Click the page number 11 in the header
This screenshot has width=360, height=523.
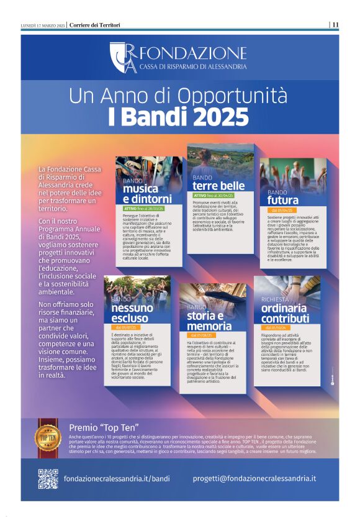click(x=335, y=25)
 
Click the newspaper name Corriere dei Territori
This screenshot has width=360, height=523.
click(x=95, y=25)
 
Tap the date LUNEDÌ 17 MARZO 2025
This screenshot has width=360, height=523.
click(x=43, y=25)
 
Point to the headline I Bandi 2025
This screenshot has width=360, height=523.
click(x=179, y=116)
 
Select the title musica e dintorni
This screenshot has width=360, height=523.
click(x=145, y=194)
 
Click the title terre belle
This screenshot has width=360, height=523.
click(x=218, y=186)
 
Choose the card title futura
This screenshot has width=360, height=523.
click(x=283, y=200)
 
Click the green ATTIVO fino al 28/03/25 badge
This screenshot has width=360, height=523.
click(x=143, y=209)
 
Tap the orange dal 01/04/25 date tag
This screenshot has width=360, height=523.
click(x=281, y=211)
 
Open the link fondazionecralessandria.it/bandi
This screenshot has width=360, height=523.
click(x=117, y=478)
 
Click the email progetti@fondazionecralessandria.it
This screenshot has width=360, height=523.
click(x=254, y=478)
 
